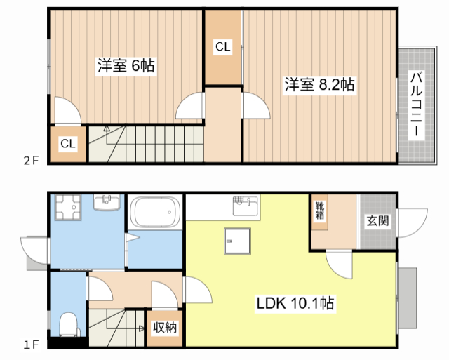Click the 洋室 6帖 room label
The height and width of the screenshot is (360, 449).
tap(126, 65)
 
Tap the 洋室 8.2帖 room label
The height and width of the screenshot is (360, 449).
tap(319, 84)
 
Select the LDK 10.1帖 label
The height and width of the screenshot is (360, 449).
tap(295, 303)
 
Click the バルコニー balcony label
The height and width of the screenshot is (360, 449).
tap(417, 105)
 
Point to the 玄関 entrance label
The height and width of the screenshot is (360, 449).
tap(377, 220)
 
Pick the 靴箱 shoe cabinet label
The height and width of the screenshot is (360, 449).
tap(320, 211)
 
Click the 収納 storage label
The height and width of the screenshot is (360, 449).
tap(165, 327)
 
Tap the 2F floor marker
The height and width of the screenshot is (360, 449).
tap(31, 161)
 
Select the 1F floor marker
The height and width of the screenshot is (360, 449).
tap(31, 345)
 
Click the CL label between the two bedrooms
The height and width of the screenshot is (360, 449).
tap(223, 46)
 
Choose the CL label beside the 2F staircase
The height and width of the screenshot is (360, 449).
tap(68, 143)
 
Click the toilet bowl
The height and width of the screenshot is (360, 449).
tap(69, 324)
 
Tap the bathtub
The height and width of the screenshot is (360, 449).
tap(155, 212)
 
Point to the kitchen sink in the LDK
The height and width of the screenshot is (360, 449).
tap(245, 206)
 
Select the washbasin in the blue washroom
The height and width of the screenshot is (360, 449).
tap(107, 202)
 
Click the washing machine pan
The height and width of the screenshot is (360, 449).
tap(68, 207)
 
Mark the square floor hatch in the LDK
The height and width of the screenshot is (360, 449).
tap(237, 241)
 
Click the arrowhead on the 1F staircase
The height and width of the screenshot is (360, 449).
tap(142, 328)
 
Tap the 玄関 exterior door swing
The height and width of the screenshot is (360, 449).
tap(413, 223)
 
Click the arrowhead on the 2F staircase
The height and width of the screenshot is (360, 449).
tap(107, 128)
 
